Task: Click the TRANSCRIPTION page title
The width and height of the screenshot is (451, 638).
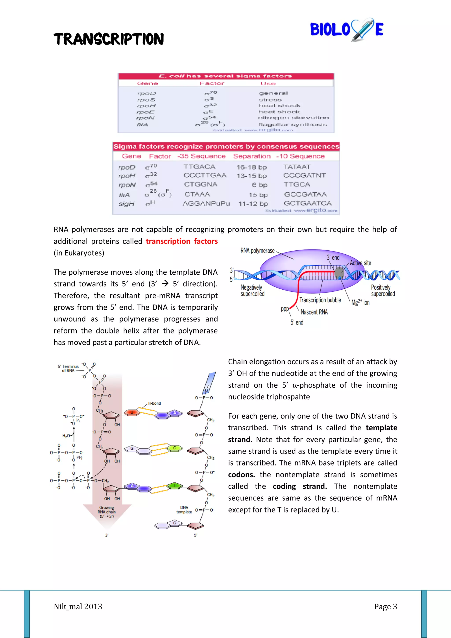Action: tap(109, 39)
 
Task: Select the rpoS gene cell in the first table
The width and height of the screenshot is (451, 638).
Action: tap(146, 100)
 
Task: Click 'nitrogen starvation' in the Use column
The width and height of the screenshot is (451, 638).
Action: tap(293, 118)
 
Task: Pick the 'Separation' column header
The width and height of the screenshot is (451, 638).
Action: tap(252, 156)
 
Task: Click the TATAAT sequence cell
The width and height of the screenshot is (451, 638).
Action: tap(297, 167)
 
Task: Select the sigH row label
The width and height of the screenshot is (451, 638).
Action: tap(126, 204)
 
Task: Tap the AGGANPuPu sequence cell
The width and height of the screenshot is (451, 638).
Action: tap(206, 204)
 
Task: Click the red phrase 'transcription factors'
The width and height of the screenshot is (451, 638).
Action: tap(182, 241)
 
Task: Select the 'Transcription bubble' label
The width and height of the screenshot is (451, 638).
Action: tap(320, 300)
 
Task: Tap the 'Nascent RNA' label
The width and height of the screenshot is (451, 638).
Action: tap(314, 312)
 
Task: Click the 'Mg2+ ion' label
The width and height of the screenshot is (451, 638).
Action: tap(360, 302)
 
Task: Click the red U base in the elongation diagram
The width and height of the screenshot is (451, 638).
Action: tap(132, 412)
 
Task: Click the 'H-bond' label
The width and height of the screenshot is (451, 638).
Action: tap(155, 403)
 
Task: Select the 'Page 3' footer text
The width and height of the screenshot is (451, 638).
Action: tap(385, 606)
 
